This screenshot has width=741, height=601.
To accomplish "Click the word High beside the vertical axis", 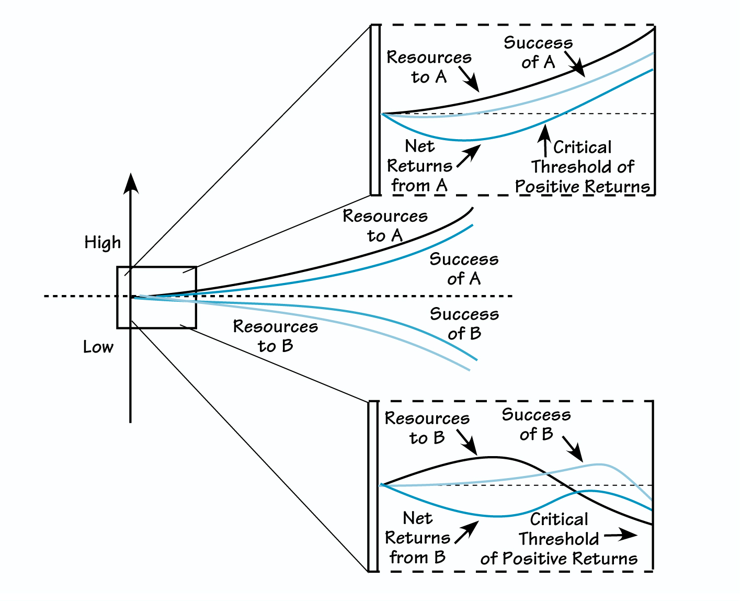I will (102, 243).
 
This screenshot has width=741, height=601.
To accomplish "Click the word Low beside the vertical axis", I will (98, 347).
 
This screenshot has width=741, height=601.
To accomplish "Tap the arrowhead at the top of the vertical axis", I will (131, 183).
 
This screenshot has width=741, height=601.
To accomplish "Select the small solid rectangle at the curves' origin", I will (156, 298).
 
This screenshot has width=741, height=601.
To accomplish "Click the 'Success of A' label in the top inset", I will (538, 52).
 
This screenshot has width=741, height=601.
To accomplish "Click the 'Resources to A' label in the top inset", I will (429, 67).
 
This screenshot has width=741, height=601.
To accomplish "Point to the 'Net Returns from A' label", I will (419, 166).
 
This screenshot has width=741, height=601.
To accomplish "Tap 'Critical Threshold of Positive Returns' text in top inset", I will (583, 167).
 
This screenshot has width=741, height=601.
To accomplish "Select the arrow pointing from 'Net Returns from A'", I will (469, 156).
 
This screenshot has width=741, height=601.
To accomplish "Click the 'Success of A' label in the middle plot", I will (464, 269).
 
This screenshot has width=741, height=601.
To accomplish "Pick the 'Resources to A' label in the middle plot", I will (385, 225).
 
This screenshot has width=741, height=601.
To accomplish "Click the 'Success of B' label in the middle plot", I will (464, 323).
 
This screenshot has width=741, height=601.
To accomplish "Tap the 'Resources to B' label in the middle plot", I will (276, 336).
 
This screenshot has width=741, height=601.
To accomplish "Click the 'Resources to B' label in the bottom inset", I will (427, 428).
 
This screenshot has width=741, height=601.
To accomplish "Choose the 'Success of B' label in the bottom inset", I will (536, 424).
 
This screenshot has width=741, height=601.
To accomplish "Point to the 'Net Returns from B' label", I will (417, 538).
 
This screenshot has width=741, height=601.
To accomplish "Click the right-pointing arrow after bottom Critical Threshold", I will (621, 535).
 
